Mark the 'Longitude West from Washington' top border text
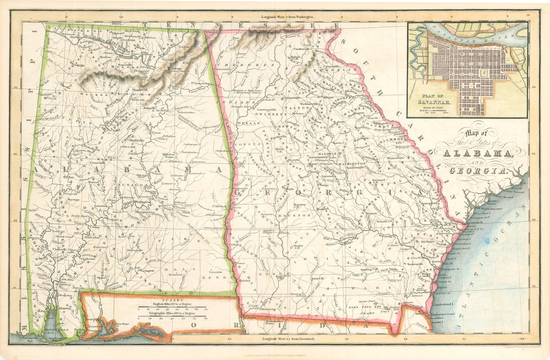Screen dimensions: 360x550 (291, 16)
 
